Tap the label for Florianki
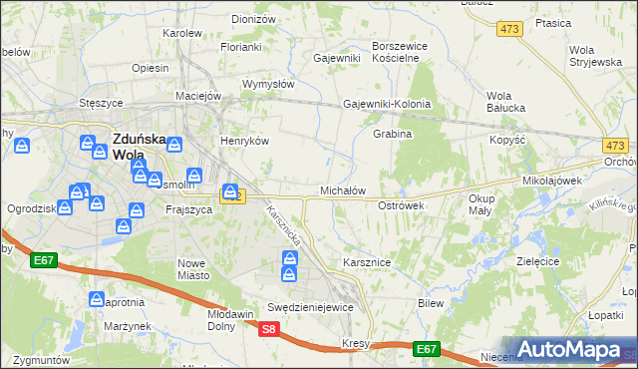coord(241,47)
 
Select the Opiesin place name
coord(150,69)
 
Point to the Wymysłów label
coord(267,84)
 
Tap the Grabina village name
coord(392,134)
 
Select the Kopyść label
coord(507,141)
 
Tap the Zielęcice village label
coord(533,260)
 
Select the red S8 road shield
coord(267,328)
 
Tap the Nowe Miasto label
coord(191,269)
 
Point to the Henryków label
coord(245,142)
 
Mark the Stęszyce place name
coord(101,103)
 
